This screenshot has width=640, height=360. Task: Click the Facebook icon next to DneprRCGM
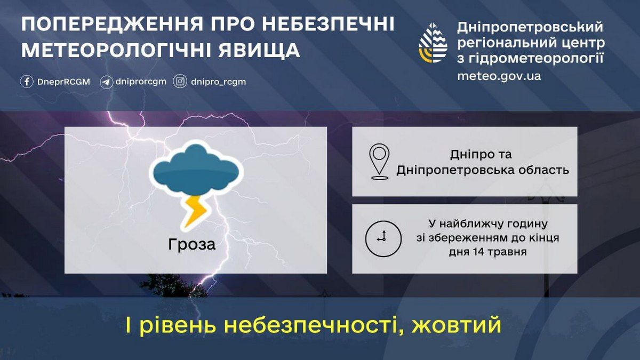tap(27, 82)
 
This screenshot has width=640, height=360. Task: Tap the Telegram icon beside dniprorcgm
tap(106, 82)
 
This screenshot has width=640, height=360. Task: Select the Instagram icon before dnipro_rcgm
tap(181, 82)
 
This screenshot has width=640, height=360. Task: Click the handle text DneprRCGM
tap(63, 82)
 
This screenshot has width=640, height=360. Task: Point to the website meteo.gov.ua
tap(499, 76)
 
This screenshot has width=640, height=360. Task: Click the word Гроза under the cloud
tap(192, 245)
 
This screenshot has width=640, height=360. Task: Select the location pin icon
tap(379, 162)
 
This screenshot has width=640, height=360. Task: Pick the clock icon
tap(383, 238)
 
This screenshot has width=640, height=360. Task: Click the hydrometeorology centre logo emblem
tap(433, 43)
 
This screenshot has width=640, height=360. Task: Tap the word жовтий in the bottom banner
tap(457, 325)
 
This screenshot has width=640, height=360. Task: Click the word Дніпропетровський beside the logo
tap(530, 27)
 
